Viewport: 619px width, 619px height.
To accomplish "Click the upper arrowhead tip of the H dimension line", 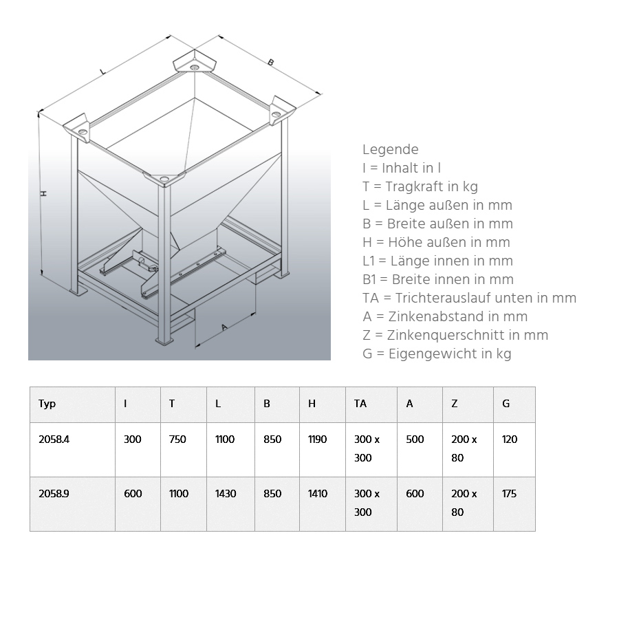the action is (39, 113).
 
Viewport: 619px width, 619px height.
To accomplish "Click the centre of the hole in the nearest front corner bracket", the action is (164, 178).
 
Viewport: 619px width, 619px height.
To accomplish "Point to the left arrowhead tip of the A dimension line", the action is (196, 346).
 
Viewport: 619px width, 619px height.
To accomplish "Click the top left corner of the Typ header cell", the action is (30, 387).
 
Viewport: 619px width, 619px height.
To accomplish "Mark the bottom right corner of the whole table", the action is (535, 531).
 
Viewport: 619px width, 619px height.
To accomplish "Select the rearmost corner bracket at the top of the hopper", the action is (195, 63).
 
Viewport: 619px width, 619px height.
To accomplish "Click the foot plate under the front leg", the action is (164, 341).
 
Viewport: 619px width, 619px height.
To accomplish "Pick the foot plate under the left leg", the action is (78, 292).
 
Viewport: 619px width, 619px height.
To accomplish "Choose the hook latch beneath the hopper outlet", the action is (144, 263).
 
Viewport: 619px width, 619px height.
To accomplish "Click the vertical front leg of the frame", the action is (164, 263).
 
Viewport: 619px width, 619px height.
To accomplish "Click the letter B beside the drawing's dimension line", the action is (271, 63).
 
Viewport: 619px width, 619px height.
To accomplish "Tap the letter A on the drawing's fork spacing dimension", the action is (224, 327).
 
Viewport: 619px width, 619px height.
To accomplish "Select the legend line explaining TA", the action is (469, 298).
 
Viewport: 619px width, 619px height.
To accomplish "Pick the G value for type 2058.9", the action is (509, 493).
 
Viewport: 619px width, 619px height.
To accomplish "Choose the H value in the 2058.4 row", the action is (317, 439).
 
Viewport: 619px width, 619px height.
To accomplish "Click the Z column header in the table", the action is (455, 404).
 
